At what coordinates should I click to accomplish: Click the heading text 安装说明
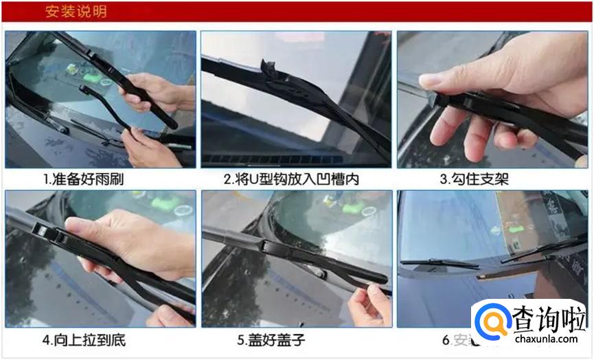tap(76, 12)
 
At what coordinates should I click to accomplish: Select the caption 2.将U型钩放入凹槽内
tap(292, 179)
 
